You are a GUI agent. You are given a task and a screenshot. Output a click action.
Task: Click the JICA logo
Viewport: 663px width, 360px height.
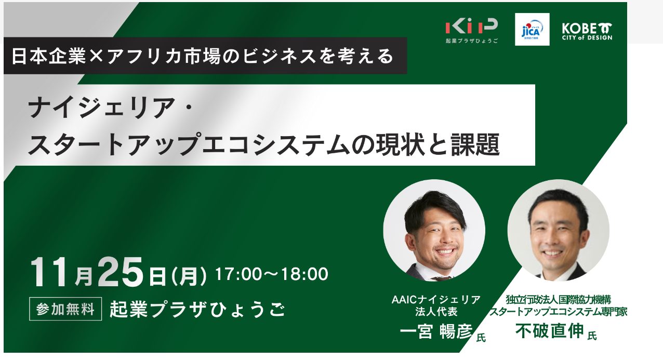532,29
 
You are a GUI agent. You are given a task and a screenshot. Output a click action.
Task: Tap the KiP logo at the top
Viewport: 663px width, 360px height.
471,31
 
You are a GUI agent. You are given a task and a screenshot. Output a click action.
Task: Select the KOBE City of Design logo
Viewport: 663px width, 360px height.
587,32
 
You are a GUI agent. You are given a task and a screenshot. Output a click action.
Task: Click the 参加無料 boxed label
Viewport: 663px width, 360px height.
65,309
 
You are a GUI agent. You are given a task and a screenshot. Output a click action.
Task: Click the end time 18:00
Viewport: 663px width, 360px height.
304,274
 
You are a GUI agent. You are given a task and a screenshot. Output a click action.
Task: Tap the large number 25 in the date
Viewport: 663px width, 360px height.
121,272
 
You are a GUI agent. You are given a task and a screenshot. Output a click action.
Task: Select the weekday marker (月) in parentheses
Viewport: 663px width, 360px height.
189,275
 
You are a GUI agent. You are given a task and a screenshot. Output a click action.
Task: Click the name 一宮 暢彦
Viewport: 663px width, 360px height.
436,331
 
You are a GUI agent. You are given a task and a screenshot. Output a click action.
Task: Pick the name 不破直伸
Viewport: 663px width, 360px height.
549,330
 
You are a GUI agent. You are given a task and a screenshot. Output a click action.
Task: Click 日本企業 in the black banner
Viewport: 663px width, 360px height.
48,56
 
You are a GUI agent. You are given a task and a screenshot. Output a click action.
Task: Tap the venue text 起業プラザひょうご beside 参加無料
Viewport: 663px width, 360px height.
197,310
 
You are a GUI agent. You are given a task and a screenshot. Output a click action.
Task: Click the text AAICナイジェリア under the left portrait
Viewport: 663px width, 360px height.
436,300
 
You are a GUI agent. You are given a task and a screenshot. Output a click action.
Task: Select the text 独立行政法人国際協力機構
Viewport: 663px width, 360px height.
559,300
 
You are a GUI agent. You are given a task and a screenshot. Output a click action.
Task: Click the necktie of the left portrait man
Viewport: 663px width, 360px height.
441,278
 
